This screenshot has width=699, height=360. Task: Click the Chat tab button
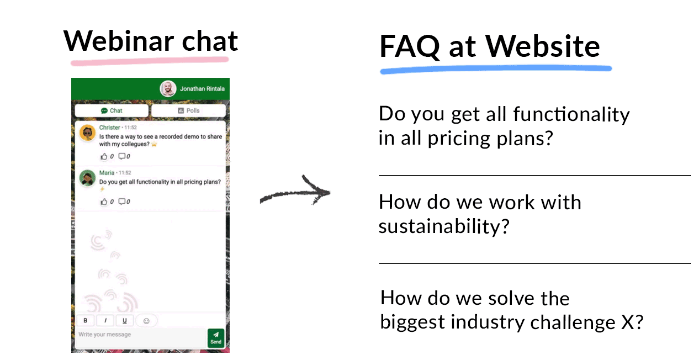click(x=112, y=110)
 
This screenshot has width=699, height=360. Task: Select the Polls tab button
click(x=188, y=110)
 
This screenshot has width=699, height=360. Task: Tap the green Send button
click(x=216, y=337)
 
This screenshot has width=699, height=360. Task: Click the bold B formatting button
click(x=85, y=320)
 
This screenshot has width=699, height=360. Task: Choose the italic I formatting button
click(x=105, y=320)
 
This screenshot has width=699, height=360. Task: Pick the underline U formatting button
click(x=124, y=320)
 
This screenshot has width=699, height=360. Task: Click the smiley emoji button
click(x=146, y=320)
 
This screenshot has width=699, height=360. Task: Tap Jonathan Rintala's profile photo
click(x=168, y=88)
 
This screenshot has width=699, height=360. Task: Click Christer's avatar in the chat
click(x=87, y=133)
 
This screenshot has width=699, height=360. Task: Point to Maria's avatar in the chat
click(x=87, y=178)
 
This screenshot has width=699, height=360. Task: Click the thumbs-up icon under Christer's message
click(x=103, y=157)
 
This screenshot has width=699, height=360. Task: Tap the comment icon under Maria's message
click(x=122, y=202)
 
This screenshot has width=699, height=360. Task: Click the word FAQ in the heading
click(x=409, y=46)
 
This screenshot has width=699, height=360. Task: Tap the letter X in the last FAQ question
click(x=629, y=321)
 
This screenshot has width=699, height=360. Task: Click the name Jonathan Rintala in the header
click(x=202, y=89)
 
